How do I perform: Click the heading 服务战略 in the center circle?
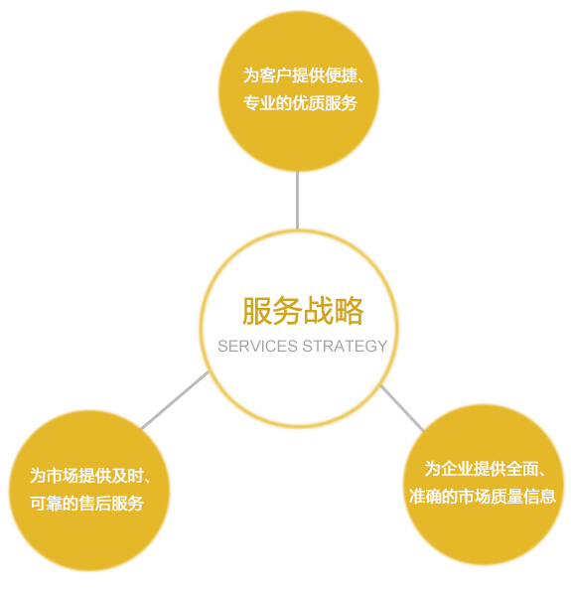coord(303,311)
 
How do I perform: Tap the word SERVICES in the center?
coord(258,346)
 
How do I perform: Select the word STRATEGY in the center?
coord(345,346)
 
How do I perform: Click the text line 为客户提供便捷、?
coord(304,75)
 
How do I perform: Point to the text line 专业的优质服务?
coord(300,103)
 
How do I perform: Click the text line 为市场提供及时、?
coord(90,476)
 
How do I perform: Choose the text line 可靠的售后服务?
coord(86,504)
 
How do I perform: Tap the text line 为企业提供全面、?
coord(485,469)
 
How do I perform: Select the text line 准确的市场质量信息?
coord(483,497)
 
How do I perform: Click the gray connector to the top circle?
coord(298,201)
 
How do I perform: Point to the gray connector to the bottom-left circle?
coord(175,400)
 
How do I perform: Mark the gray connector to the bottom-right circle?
coord(402,408)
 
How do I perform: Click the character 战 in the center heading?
coord(318,311)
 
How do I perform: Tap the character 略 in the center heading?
coord(349,311)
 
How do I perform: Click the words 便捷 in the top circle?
coord(341,75)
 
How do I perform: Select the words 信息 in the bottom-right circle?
coord(539,497)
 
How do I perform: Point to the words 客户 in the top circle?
coord(275,75)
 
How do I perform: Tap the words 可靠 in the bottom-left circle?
coord(47,504)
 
